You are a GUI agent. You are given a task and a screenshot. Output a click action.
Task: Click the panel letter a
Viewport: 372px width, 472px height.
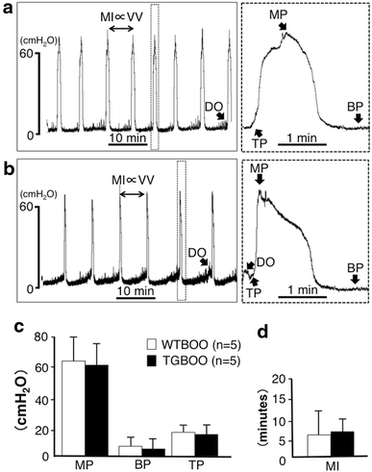pos(7,8)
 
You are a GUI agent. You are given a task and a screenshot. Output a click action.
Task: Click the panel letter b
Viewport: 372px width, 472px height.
pos(7,165)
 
